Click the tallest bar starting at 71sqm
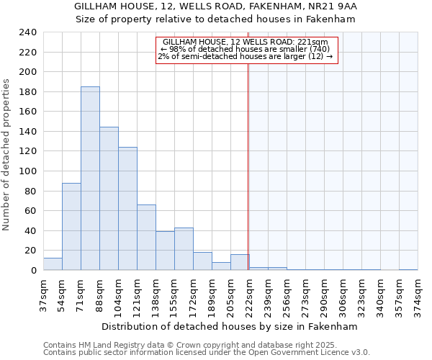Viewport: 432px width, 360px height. (x=90, y=179)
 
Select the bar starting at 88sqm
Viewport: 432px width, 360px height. (x=109, y=199)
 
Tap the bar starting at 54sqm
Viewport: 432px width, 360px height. (x=71, y=227)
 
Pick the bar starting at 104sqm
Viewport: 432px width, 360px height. (x=127, y=209)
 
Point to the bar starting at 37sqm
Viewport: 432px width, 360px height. (x=53, y=264)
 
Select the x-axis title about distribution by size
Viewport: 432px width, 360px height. (x=230, y=326)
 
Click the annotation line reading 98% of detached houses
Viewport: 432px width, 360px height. (x=245, y=49)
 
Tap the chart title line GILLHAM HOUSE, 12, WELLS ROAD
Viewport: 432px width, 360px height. (x=216, y=6)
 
